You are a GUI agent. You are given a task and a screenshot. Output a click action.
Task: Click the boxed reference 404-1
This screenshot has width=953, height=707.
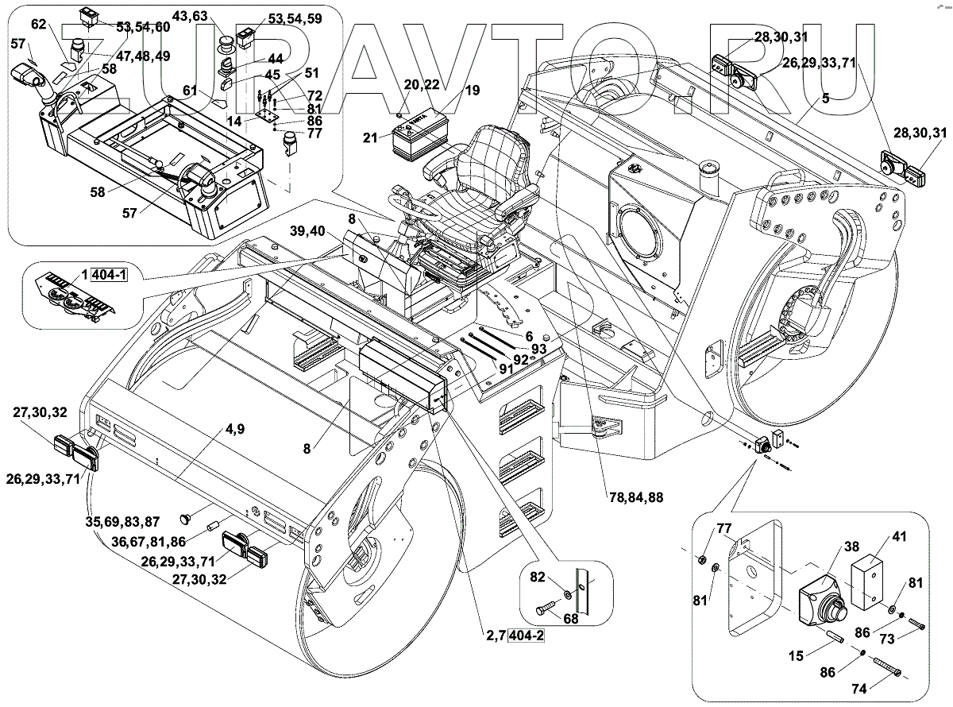coord(109,275)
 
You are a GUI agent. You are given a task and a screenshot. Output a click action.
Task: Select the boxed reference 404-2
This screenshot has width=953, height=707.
coord(527,636)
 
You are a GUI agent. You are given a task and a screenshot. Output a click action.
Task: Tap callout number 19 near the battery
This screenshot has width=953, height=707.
coord(473,91)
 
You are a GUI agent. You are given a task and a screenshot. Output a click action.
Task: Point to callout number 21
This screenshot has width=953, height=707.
coord(370,138)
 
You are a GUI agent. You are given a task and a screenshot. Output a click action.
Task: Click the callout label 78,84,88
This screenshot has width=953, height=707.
coord(636,498)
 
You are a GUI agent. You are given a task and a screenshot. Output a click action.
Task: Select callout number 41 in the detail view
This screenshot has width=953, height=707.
coord(899,536)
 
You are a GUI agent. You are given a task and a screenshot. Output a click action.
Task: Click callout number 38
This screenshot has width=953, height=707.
coord(851,547)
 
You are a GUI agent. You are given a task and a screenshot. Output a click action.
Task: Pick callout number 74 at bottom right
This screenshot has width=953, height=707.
coord(859,689)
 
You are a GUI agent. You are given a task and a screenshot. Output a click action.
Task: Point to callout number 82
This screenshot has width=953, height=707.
coord(537,577)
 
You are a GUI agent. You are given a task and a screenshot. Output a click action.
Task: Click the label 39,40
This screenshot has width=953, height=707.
coord(307,231)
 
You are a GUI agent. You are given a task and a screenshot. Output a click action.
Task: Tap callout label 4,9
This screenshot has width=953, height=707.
coord(234,428)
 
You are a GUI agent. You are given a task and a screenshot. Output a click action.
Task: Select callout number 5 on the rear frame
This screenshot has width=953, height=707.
coord(825,99)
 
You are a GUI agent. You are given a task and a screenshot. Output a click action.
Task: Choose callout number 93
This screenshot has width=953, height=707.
coord(538,349)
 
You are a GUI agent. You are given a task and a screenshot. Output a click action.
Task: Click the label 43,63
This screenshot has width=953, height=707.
coord(190,16)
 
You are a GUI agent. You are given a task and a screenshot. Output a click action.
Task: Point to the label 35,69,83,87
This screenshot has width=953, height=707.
coord(122,522)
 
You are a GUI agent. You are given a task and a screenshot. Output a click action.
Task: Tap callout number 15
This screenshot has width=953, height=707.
coord(796,656)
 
